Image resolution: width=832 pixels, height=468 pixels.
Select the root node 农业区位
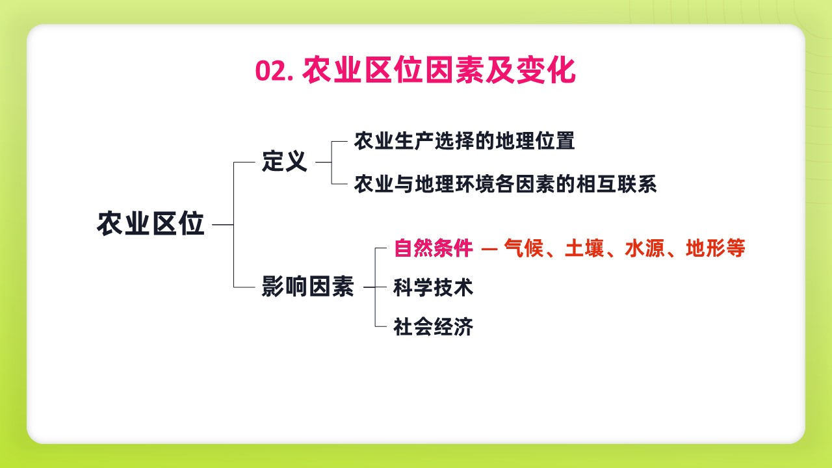coord(151,224)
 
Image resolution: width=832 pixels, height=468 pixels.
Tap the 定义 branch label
coord(285,162)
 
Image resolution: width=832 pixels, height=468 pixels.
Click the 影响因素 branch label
coord(307,287)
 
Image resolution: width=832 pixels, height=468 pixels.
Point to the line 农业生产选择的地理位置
coord(464,141)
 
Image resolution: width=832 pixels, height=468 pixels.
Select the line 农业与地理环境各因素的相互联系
coord(505,184)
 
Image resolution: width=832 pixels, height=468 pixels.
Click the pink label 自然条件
coord(434,248)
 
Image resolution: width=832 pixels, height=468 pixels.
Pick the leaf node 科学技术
coord(434,287)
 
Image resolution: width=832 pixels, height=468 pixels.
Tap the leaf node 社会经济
coord(434,327)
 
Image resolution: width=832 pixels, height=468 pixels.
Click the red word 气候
coord(524,248)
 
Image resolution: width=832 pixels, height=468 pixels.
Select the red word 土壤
coord(584,248)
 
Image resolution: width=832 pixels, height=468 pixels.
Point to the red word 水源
coord(645,248)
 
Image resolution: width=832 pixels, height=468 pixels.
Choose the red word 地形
coord(705,248)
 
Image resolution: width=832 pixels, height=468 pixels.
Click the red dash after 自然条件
coord(489,249)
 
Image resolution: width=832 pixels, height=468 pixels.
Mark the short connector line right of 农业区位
coord(223,225)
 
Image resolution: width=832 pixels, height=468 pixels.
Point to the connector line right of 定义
coord(324,162)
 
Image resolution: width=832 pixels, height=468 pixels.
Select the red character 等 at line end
coord(735,248)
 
